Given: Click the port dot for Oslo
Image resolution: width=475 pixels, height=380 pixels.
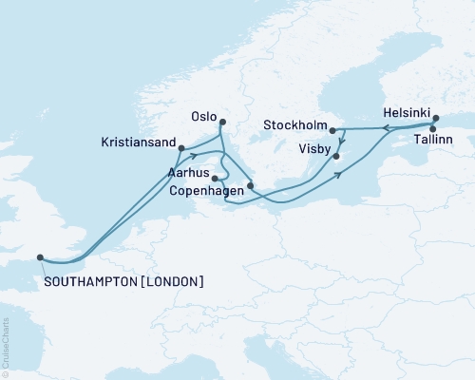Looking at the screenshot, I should (x=222, y=122).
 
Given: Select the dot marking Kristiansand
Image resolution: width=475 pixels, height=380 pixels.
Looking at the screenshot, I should (x=180, y=148).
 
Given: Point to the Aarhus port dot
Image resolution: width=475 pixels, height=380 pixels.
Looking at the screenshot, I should (x=216, y=178).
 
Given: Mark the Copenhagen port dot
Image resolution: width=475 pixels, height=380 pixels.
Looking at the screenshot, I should (x=250, y=186).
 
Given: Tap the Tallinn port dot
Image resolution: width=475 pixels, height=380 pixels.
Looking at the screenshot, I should (x=433, y=129).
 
